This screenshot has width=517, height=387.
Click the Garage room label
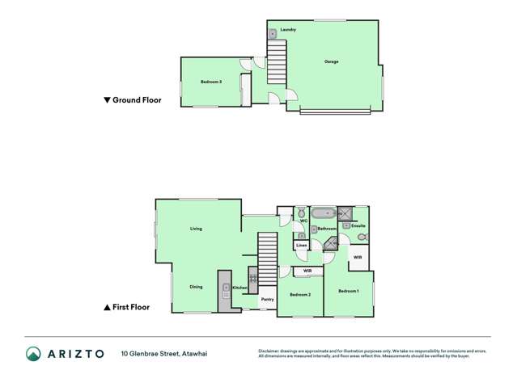click(x=331, y=61)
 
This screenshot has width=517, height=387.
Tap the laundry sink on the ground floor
click(x=273, y=34)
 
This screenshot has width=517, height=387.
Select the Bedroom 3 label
click(x=211, y=82)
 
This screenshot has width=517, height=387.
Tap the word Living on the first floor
click(x=196, y=229)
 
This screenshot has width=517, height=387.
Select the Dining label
click(x=196, y=287)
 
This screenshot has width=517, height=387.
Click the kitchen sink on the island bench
click(x=224, y=286)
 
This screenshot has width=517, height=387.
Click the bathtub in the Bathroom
click(x=323, y=214)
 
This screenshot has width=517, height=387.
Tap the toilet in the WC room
click(x=300, y=212)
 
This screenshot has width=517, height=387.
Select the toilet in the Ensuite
click(x=362, y=238)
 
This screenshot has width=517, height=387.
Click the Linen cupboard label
click(x=301, y=245)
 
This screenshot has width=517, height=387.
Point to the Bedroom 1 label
click(x=348, y=291)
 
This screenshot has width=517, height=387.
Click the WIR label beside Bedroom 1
click(x=357, y=257)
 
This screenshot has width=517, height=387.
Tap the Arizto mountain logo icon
click(x=33, y=353)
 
